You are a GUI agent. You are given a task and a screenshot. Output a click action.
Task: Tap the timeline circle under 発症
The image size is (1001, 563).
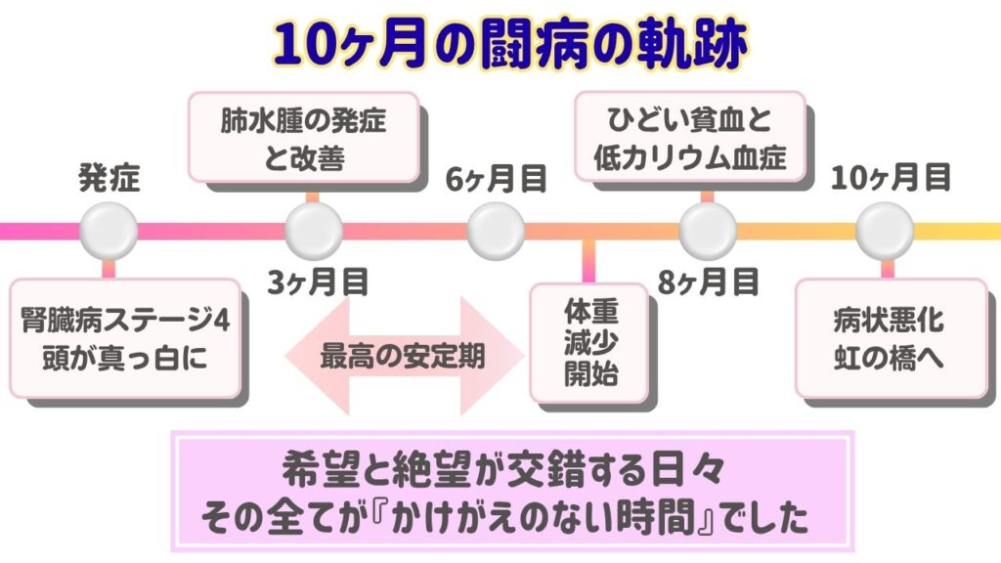coord(108,232)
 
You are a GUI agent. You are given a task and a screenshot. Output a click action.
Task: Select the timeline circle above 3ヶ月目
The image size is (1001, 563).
coord(314,232)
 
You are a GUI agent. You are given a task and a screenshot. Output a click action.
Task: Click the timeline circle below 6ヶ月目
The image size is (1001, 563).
coord(497,232)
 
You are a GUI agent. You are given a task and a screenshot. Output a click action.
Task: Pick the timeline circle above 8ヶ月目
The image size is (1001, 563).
coord(707,232)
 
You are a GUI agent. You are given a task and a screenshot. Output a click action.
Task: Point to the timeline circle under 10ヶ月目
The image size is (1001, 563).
coord(885,232)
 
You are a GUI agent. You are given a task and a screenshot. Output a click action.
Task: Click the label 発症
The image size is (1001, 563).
coord(109,180)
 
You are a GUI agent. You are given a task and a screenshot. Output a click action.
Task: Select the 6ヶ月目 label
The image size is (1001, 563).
coord(496,180)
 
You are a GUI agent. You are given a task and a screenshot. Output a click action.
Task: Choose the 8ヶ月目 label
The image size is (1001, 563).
coord(708,282)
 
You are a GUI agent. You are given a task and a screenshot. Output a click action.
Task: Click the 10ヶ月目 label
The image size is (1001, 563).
coord(892,178)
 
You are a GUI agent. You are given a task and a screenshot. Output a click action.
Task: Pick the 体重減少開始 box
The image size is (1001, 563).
coord(590,342)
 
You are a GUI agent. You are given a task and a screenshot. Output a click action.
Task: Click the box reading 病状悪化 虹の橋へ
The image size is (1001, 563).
coord(889,337)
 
